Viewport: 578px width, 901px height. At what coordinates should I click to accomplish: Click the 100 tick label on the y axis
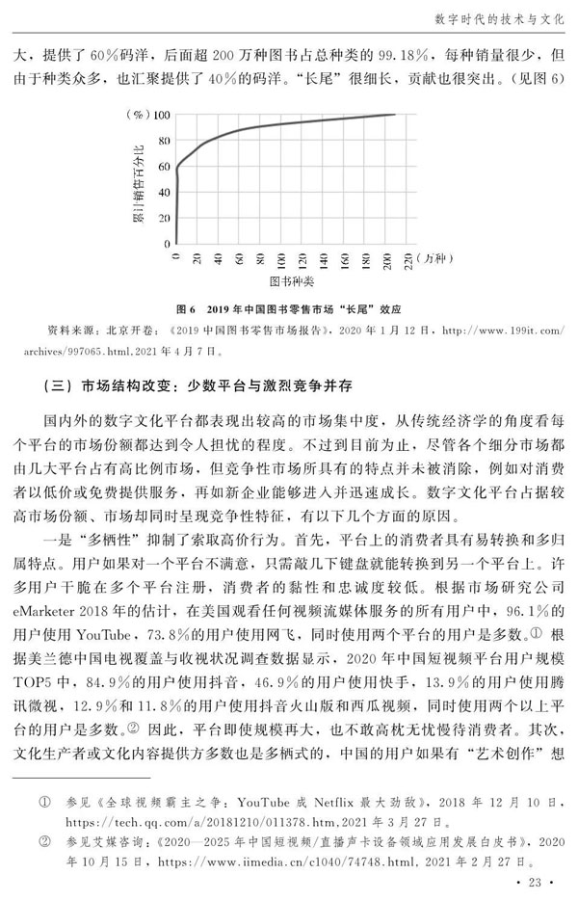click(162, 115)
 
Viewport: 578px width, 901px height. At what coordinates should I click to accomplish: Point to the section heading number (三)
click(60, 387)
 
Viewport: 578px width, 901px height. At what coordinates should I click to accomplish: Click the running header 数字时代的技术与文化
click(490, 17)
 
